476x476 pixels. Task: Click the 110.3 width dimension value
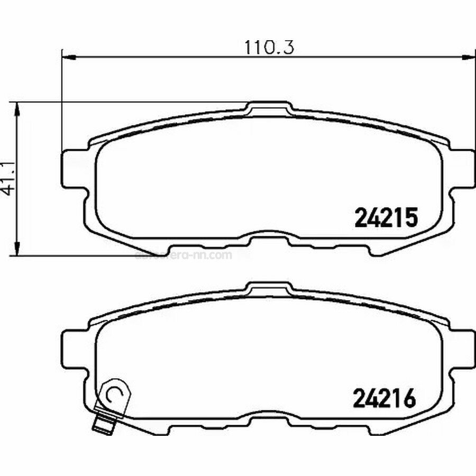(269, 47)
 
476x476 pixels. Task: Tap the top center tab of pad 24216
(270, 288)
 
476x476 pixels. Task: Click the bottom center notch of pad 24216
(269, 422)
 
